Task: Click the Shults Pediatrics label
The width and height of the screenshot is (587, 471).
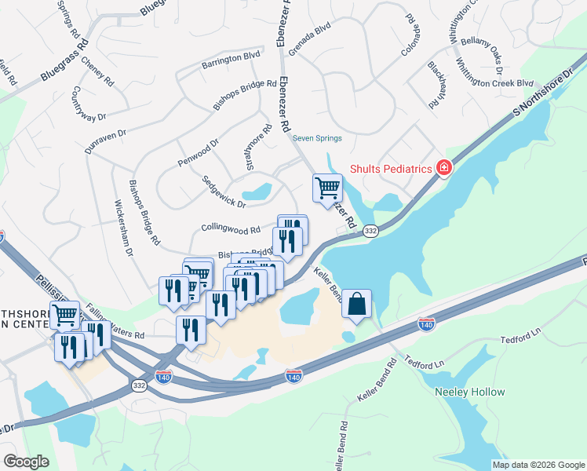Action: click(x=391, y=168)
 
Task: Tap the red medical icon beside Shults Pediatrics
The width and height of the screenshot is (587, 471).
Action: click(x=443, y=167)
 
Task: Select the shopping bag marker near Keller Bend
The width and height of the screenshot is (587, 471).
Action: click(x=356, y=304)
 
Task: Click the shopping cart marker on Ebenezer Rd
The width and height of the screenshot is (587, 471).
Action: click(x=327, y=188)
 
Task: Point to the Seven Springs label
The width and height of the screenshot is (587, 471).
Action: click(x=318, y=138)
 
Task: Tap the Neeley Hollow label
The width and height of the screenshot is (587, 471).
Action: click(x=469, y=392)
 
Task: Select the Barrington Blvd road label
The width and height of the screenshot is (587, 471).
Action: click(x=230, y=57)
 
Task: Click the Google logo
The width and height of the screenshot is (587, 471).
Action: click(x=26, y=462)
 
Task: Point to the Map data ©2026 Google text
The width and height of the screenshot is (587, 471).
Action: click(x=538, y=465)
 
